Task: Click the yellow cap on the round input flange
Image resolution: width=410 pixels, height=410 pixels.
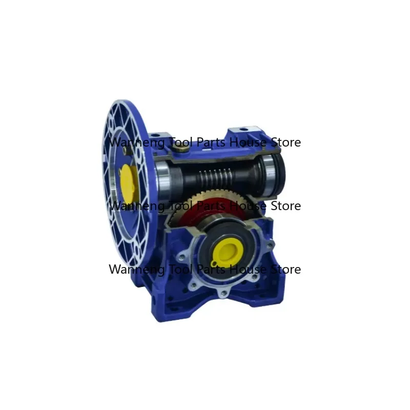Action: pyautogui.click(x=127, y=177)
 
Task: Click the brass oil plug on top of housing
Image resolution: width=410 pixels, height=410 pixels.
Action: pyautogui.click(x=180, y=148)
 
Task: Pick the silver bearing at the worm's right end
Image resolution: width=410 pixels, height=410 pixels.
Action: pyautogui.click(x=268, y=171)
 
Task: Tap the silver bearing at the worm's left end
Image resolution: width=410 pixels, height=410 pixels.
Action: pyautogui.click(x=165, y=174)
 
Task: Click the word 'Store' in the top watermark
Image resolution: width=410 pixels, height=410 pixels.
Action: pyautogui.click(x=285, y=142)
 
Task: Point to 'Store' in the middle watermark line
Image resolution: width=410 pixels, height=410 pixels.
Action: pyautogui.click(x=285, y=206)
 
